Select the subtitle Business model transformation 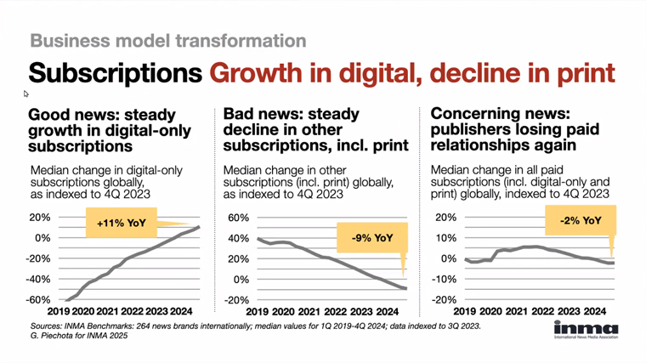(x=167, y=40)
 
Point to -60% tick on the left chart (x=39, y=300)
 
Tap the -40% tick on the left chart (x=39, y=280)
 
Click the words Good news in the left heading (x=68, y=114)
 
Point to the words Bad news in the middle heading (x=259, y=114)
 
